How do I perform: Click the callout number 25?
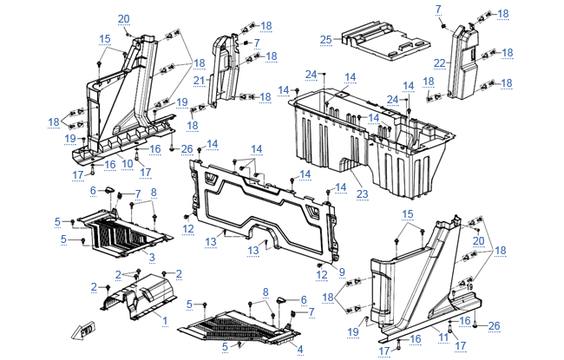(x=325, y=39)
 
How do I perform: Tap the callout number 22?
(x=440, y=62)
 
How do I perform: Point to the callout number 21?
(x=199, y=81)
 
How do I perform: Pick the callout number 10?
(x=127, y=163)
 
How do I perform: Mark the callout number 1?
(x=163, y=318)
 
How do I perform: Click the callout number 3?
(x=151, y=258)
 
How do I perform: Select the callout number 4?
(x=300, y=349)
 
